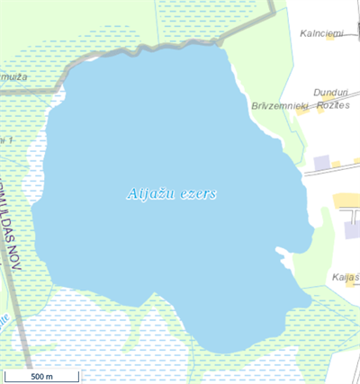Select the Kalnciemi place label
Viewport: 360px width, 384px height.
pyautogui.click(x=322, y=34)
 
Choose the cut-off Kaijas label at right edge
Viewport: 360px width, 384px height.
pyautogui.click(x=346, y=277)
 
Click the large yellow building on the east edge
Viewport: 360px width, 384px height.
pyautogui.click(x=346, y=200)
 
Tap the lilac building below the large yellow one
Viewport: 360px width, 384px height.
pyautogui.click(x=352, y=230)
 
